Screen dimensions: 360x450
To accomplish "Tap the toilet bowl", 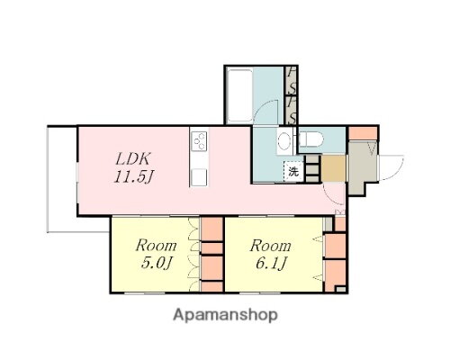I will pos(314,139).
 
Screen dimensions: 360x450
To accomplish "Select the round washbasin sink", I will pos(284,139).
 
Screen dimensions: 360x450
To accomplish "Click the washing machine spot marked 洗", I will pos(293,170).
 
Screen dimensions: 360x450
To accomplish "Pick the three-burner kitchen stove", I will pos(199,141).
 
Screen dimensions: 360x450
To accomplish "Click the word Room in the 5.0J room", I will pos(155,245).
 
